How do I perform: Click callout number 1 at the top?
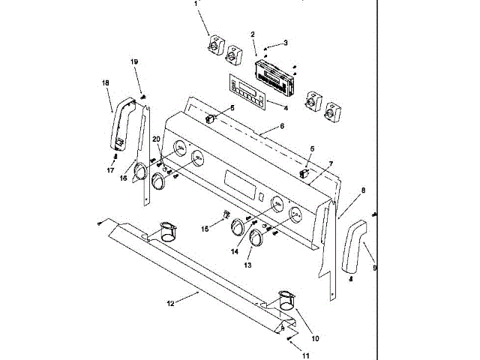[196, 3]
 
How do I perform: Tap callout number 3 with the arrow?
[285, 43]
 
